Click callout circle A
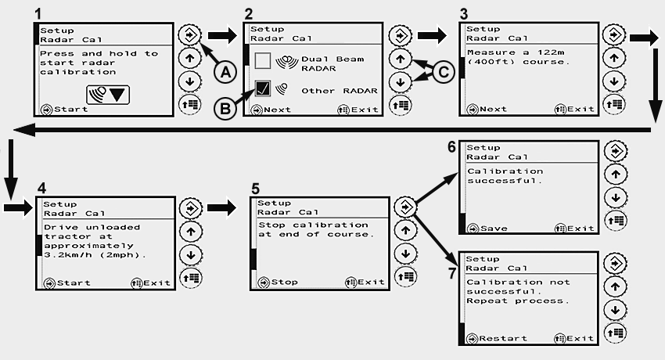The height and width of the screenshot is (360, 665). (225, 72)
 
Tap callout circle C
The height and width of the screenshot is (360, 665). (444, 73)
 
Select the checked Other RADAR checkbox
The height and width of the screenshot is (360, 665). (264, 89)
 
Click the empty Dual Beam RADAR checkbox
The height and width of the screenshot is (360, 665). (263, 59)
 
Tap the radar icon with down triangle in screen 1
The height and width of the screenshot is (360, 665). (107, 92)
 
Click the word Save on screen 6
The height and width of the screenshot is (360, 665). (493, 229)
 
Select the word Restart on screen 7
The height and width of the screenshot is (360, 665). (502, 339)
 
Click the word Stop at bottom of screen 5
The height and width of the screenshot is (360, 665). (284, 282)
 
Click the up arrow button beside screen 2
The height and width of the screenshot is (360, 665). (400, 58)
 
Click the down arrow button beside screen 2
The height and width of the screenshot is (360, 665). (400, 81)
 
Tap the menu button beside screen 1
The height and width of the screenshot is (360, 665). (188, 103)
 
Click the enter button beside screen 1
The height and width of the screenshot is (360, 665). (188, 35)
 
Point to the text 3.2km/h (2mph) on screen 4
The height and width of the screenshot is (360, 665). (95, 255)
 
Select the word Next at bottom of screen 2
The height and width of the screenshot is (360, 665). (277, 110)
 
